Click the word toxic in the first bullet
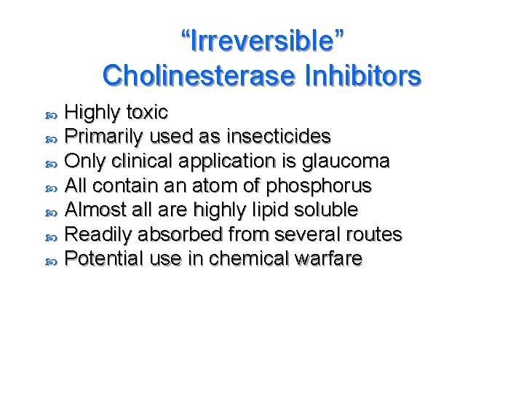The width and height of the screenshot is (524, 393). [147, 112]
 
